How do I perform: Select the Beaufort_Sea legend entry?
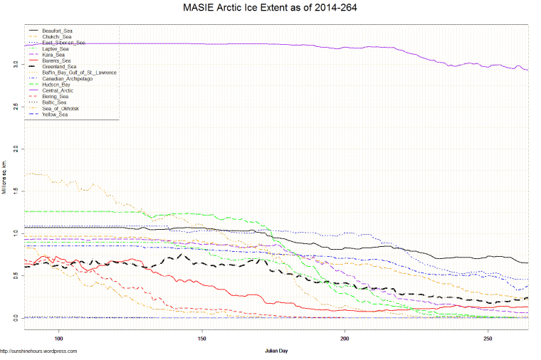57,31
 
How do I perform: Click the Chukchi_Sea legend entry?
57,37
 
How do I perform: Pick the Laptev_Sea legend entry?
56,49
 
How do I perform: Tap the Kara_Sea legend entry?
54,55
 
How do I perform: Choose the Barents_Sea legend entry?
57,61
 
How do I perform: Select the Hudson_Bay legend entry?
57,85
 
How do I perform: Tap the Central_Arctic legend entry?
58,90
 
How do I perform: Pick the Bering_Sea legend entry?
56,96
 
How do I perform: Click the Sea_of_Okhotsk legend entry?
61,108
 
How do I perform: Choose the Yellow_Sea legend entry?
56,114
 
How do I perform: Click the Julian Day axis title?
276,351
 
